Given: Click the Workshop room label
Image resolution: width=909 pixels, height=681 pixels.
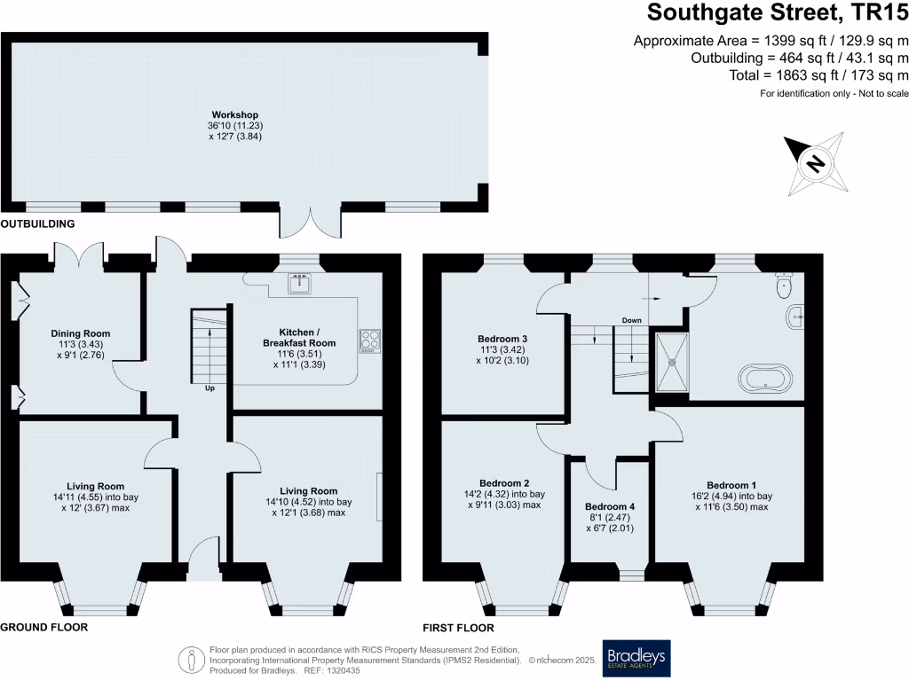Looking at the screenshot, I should tap(234, 114).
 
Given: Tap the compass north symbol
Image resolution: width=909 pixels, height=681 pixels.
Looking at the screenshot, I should tap(815, 163).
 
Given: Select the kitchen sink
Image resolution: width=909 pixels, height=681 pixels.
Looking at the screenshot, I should tap(297, 284).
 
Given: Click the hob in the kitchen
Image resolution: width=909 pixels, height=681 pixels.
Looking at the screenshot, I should tap(369, 341).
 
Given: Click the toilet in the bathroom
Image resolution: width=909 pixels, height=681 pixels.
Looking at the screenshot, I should tap(782, 284).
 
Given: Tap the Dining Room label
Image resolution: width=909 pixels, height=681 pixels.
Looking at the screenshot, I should tap(80, 333).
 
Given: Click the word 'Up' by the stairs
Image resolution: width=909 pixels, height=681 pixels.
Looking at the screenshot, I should tap(209, 388).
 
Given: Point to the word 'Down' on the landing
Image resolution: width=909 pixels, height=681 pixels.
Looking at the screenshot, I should tap(631, 320).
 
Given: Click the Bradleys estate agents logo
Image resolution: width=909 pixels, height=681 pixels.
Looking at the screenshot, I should tap(636, 658).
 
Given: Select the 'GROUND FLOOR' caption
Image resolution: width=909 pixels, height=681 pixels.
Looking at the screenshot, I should tap(43, 627).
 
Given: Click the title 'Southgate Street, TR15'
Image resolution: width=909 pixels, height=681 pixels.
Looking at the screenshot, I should tap(777, 13).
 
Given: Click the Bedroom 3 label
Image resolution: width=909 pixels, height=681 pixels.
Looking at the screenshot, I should tap(502, 339).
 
